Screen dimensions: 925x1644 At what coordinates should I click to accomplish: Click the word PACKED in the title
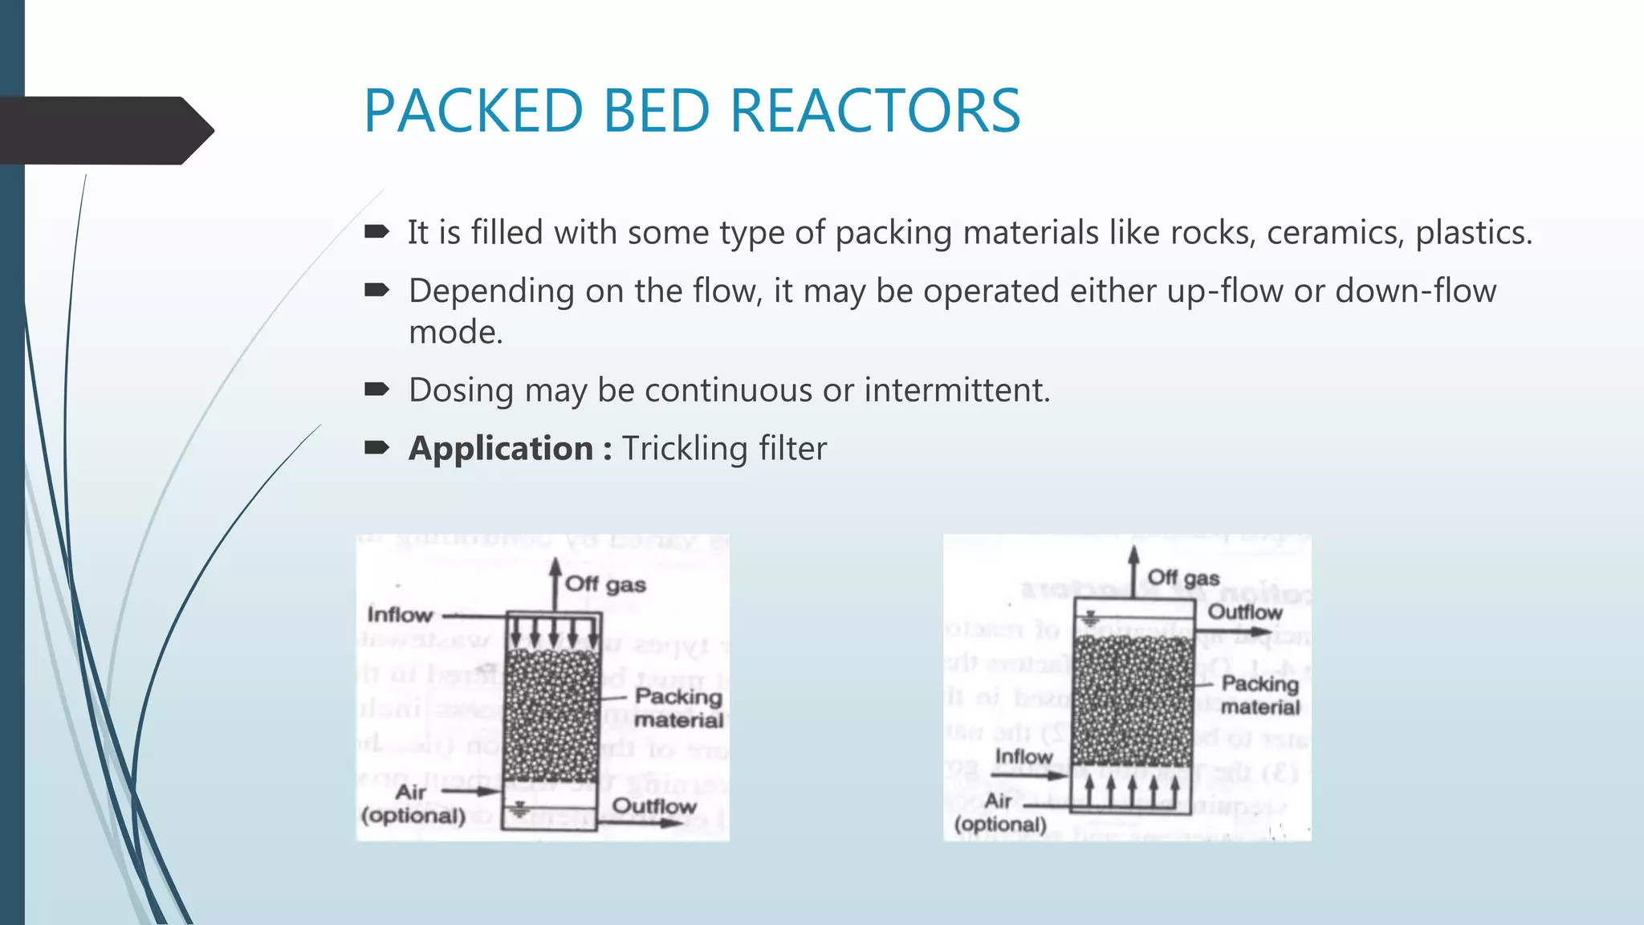pos(473,111)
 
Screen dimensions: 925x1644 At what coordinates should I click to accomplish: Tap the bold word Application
pos(501,448)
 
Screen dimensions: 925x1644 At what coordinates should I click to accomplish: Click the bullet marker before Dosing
pos(376,390)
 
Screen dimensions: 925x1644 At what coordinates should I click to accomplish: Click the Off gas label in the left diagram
pos(605,585)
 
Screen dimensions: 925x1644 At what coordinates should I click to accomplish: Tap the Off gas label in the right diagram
pos(1183,577)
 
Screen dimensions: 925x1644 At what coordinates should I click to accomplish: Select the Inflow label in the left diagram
pos(400,615)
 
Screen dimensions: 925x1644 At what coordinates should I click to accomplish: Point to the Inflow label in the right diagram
pos(1023,756)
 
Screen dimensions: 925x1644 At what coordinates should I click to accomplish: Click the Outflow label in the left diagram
pos(654,806)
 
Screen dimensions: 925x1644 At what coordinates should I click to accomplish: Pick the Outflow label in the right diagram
pos(1245,612)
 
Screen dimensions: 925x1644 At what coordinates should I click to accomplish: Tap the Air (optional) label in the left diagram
pos(413,804)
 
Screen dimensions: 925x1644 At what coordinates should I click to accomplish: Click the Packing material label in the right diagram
pos(1260,695)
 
